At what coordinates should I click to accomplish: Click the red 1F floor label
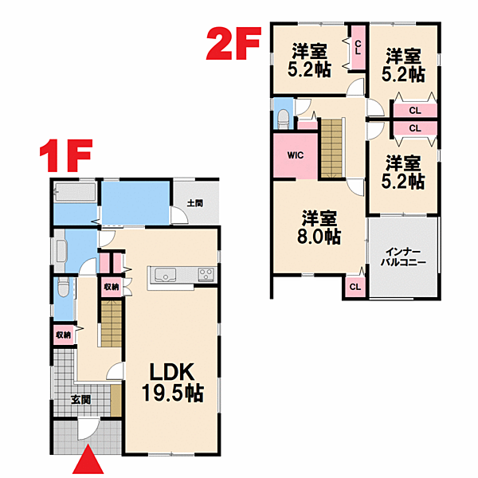[66, 155]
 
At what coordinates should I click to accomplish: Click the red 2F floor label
[233, 43]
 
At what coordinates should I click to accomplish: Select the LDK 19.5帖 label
[172, 382]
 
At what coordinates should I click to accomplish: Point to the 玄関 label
[80, 399]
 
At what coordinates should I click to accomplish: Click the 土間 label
[195, 203]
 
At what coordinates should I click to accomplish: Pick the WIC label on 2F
[296, 155]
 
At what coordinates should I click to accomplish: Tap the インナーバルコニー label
[403, 257]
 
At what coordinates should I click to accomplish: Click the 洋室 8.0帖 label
[319, 227]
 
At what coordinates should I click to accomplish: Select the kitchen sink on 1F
[165, 275]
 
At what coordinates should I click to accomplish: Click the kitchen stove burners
[206, 274]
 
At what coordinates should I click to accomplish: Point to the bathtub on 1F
[75, 192]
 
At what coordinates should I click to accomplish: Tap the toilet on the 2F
[284, 119]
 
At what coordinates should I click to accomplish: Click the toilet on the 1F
[64, 287]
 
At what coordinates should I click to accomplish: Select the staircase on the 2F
[331, 148]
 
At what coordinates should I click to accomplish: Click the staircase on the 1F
[112, 323]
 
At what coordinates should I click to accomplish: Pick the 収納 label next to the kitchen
[112, 287]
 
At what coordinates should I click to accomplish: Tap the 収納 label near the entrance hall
[64, 335]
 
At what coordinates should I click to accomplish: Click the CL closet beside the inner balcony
[355, 287]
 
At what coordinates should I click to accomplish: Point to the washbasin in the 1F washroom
[60, 251]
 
